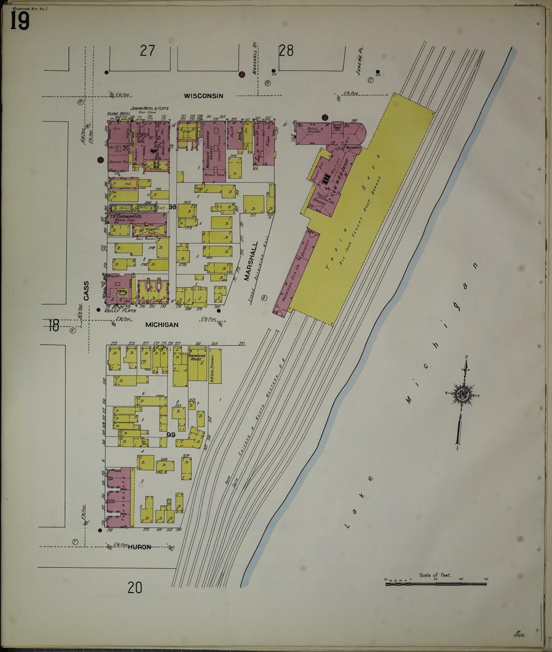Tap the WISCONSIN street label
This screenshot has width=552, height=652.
[203, 96]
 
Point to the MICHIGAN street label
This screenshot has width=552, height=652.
[162, 325]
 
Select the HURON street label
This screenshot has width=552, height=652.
[139, 547]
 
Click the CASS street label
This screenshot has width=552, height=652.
[86, 291]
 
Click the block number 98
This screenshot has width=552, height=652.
[172, 207]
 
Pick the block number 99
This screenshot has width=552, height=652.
[171, 435]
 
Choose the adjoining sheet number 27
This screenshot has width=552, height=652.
[147, 51]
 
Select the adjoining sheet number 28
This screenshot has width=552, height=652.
[286, 51]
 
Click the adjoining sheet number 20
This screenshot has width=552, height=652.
[135, 587]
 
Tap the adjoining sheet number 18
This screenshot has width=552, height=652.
[54, 326]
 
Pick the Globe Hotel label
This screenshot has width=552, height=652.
[116, 113]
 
